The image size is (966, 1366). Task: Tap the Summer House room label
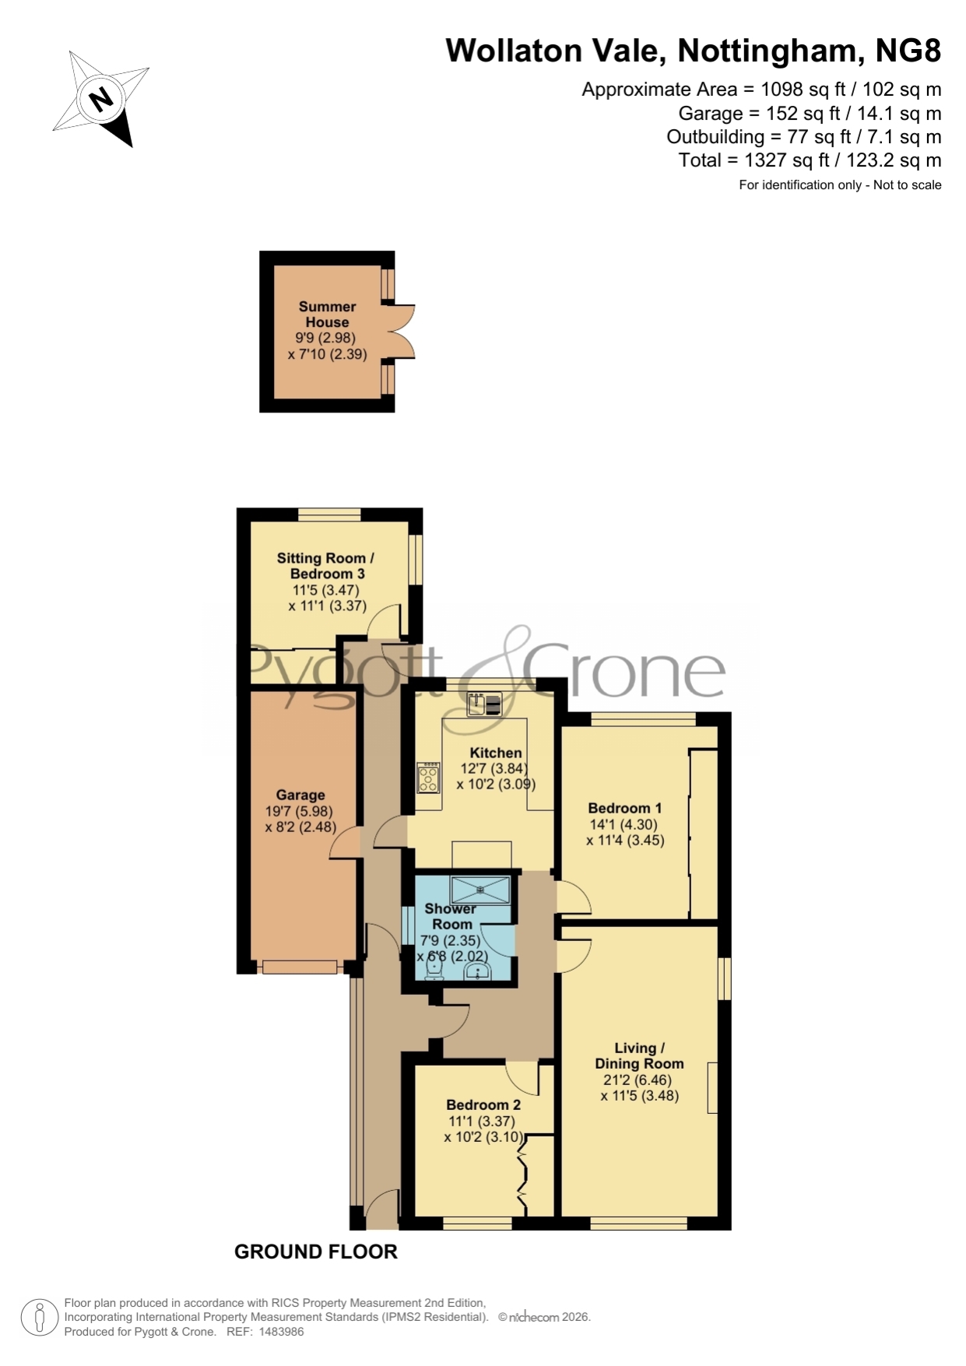click(327, 314)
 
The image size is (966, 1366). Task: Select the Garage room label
click(300, 795)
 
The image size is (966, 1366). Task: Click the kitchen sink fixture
click(484, 704)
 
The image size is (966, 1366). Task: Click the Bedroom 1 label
click(625, 808)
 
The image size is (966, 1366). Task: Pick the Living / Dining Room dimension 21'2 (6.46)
click(638, 1080)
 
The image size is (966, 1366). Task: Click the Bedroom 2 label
click(483, 1104)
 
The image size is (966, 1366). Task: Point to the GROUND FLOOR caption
click(316, 1252)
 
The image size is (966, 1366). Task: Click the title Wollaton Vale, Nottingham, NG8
click(694, 51)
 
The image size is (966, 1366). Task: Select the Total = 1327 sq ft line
click(810, 160)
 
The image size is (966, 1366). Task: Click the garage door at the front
click(300, 967)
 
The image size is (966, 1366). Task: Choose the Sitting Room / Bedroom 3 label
click(326, 566)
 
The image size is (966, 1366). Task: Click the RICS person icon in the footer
click(39, 1318)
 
